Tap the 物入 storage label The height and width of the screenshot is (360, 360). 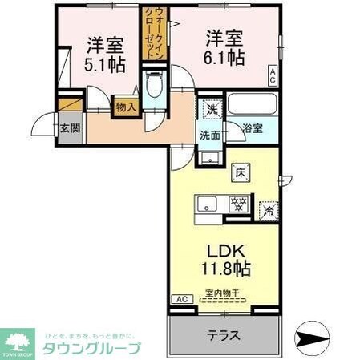coord(125,105)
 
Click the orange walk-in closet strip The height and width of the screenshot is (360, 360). coord(151,32)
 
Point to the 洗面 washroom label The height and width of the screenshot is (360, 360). coord(210,135)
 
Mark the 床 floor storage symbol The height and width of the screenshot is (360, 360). coord(240,171)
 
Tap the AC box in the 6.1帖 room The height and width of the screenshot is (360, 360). coord(273,77)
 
